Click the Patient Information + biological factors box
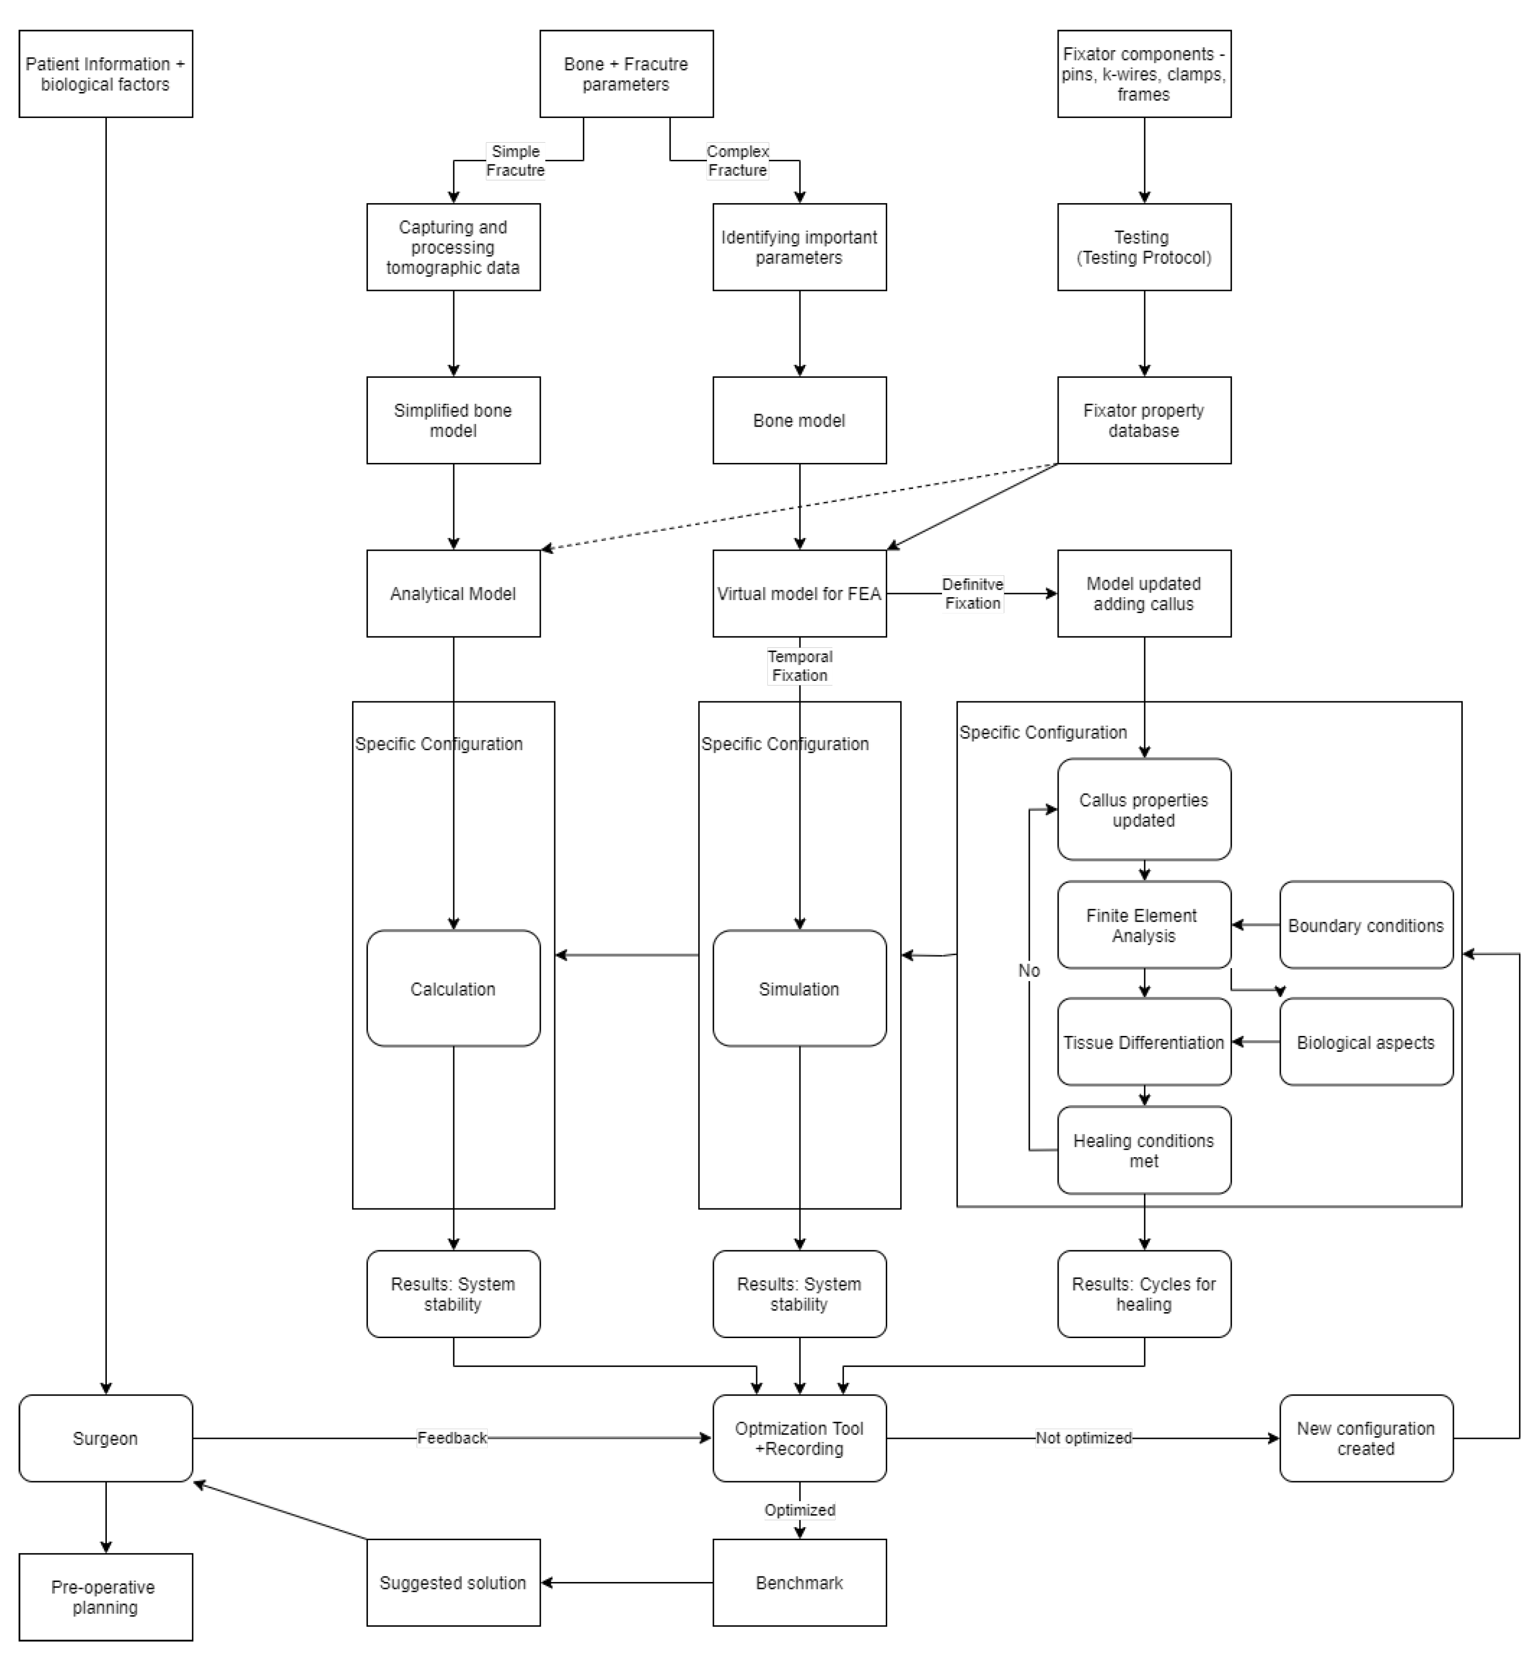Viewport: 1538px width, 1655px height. [x=106, y=74]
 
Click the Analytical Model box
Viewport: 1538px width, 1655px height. [x=453, y=593]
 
